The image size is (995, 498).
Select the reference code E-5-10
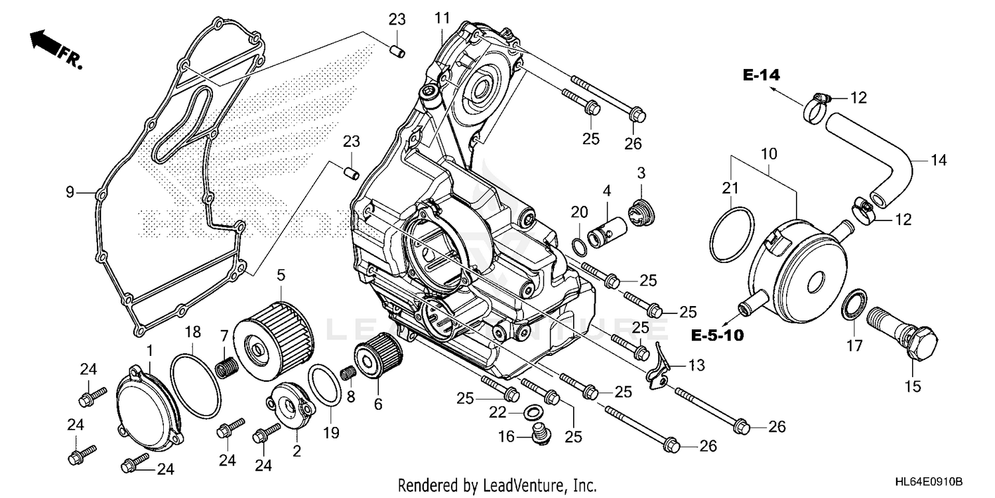716,335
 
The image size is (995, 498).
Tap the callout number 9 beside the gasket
70,193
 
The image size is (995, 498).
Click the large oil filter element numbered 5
275,342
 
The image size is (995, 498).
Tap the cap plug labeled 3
641,212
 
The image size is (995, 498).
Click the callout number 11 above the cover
443,19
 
